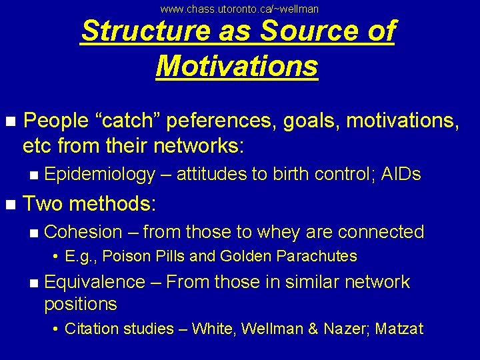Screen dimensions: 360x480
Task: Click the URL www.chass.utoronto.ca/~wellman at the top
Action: [x=240, y=9]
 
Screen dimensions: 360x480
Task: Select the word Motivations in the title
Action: [x=237, y=66]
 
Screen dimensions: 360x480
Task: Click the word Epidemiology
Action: [x=99, y=175]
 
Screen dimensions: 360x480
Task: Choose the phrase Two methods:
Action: [x=89, y=203]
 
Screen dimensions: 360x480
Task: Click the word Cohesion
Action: [x=83, y=232]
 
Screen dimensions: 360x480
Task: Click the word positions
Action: [x=80, y=305]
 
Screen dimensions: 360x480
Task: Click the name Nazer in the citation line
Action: [x=346, y=329]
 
